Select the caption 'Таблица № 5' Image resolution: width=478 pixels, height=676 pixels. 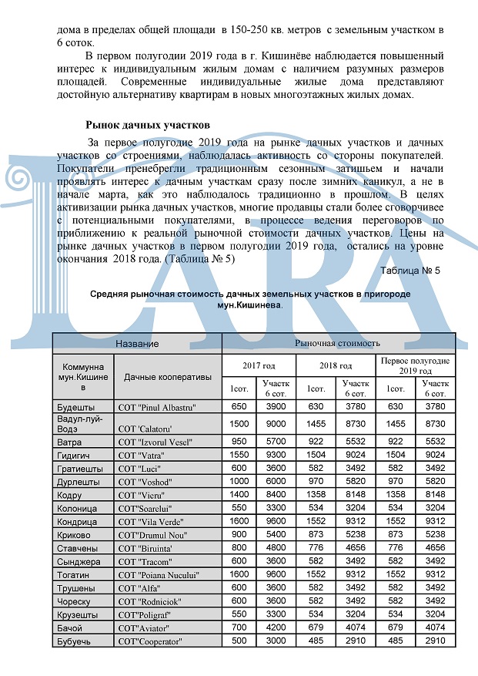tap(410, 271)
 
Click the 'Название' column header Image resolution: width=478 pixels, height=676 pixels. tap(137, 343)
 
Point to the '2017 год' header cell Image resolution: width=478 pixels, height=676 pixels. tap(259, 365)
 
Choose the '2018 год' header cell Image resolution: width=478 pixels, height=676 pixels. tap(335, 365)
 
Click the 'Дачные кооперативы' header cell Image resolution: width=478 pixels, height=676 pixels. tap(168, 377)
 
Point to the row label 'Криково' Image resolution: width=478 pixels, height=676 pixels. tap(75, 534)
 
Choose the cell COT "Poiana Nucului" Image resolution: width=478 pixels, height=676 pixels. tap(158, 574)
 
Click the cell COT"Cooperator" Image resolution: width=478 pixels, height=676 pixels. tap(149, 641)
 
